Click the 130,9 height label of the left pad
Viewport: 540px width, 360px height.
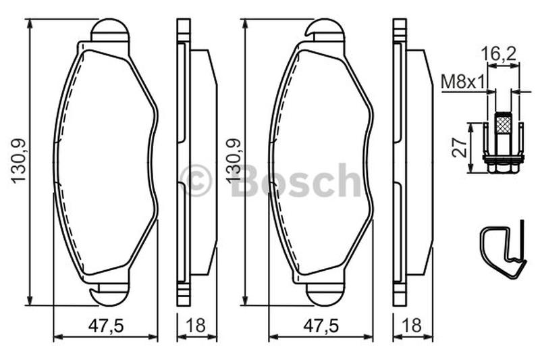click(19, 161)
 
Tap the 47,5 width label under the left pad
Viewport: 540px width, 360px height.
click(106, 325)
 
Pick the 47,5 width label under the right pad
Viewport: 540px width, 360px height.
click(321, 325)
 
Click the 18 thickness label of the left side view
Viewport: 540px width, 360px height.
click(196, 325)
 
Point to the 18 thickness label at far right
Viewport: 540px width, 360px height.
click(412, 325)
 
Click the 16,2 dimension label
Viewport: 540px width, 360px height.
click(498, 54)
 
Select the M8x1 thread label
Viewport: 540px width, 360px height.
click(463, 82)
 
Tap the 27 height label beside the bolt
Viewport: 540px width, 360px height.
click(460, 147)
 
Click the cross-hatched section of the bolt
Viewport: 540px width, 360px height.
click(503, 123)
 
